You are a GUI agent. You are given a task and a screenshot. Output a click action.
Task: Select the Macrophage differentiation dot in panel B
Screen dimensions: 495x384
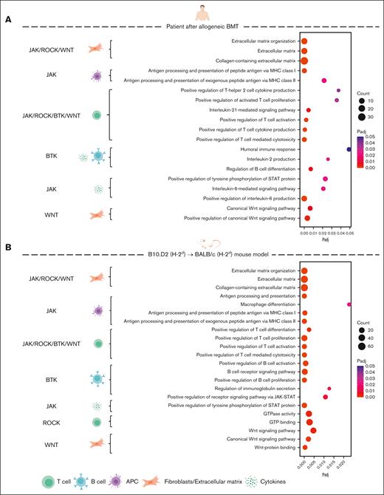tap(349, 304)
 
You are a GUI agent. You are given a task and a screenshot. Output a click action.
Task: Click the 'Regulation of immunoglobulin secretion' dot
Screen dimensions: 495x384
tap(329, 388)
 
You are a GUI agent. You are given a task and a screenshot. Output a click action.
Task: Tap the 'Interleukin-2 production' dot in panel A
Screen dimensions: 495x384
tap(328, 159)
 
